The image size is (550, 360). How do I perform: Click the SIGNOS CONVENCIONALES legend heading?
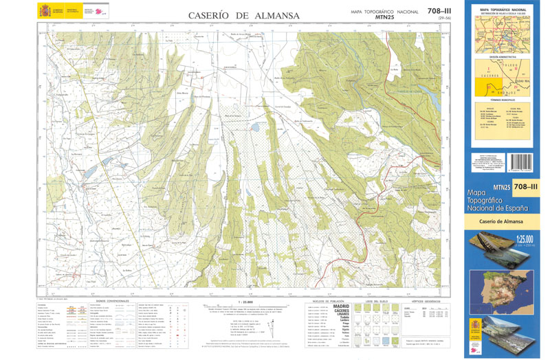(102, 301)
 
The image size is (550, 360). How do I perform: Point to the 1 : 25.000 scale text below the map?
(244, 301)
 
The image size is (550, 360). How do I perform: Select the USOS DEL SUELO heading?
(377, 301)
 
